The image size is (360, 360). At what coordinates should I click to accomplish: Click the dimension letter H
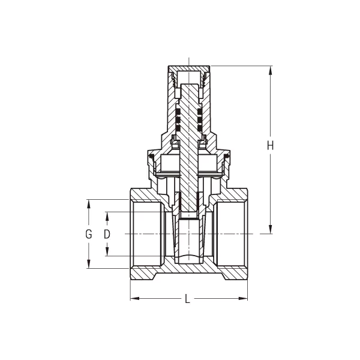tap(271, 145)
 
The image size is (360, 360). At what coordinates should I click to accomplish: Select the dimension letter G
tap(88, 234)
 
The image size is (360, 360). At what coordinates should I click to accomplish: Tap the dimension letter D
tap(107, 234)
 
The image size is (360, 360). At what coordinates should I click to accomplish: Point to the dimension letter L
tap(188, 299)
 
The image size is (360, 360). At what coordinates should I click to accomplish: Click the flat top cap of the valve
tap(188, 67)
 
